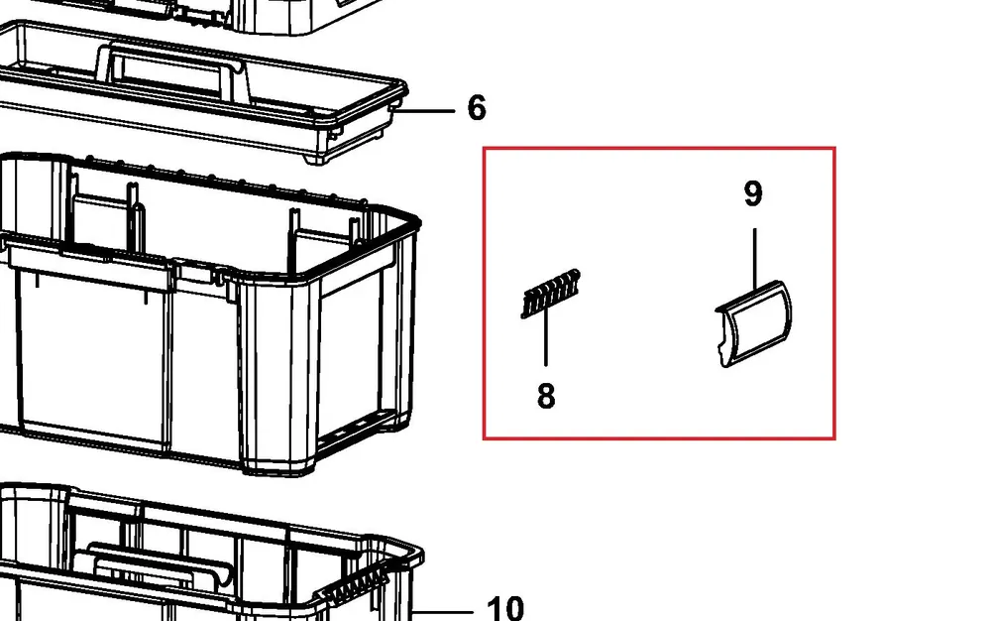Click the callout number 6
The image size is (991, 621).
tap(477, 107)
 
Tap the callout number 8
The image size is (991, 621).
tap(546, 396)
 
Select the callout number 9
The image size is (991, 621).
tap(753, 193)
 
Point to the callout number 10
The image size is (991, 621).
tap(505, 608)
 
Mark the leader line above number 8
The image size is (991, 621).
tap(546, 338)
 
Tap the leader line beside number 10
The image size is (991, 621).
tap(442, 611)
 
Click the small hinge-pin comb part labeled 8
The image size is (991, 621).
tap(550, 294)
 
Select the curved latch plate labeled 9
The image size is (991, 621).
tap(754, 324)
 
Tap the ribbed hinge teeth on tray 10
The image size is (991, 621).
tap(356, 585)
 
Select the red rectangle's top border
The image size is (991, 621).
tap(659, 149)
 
